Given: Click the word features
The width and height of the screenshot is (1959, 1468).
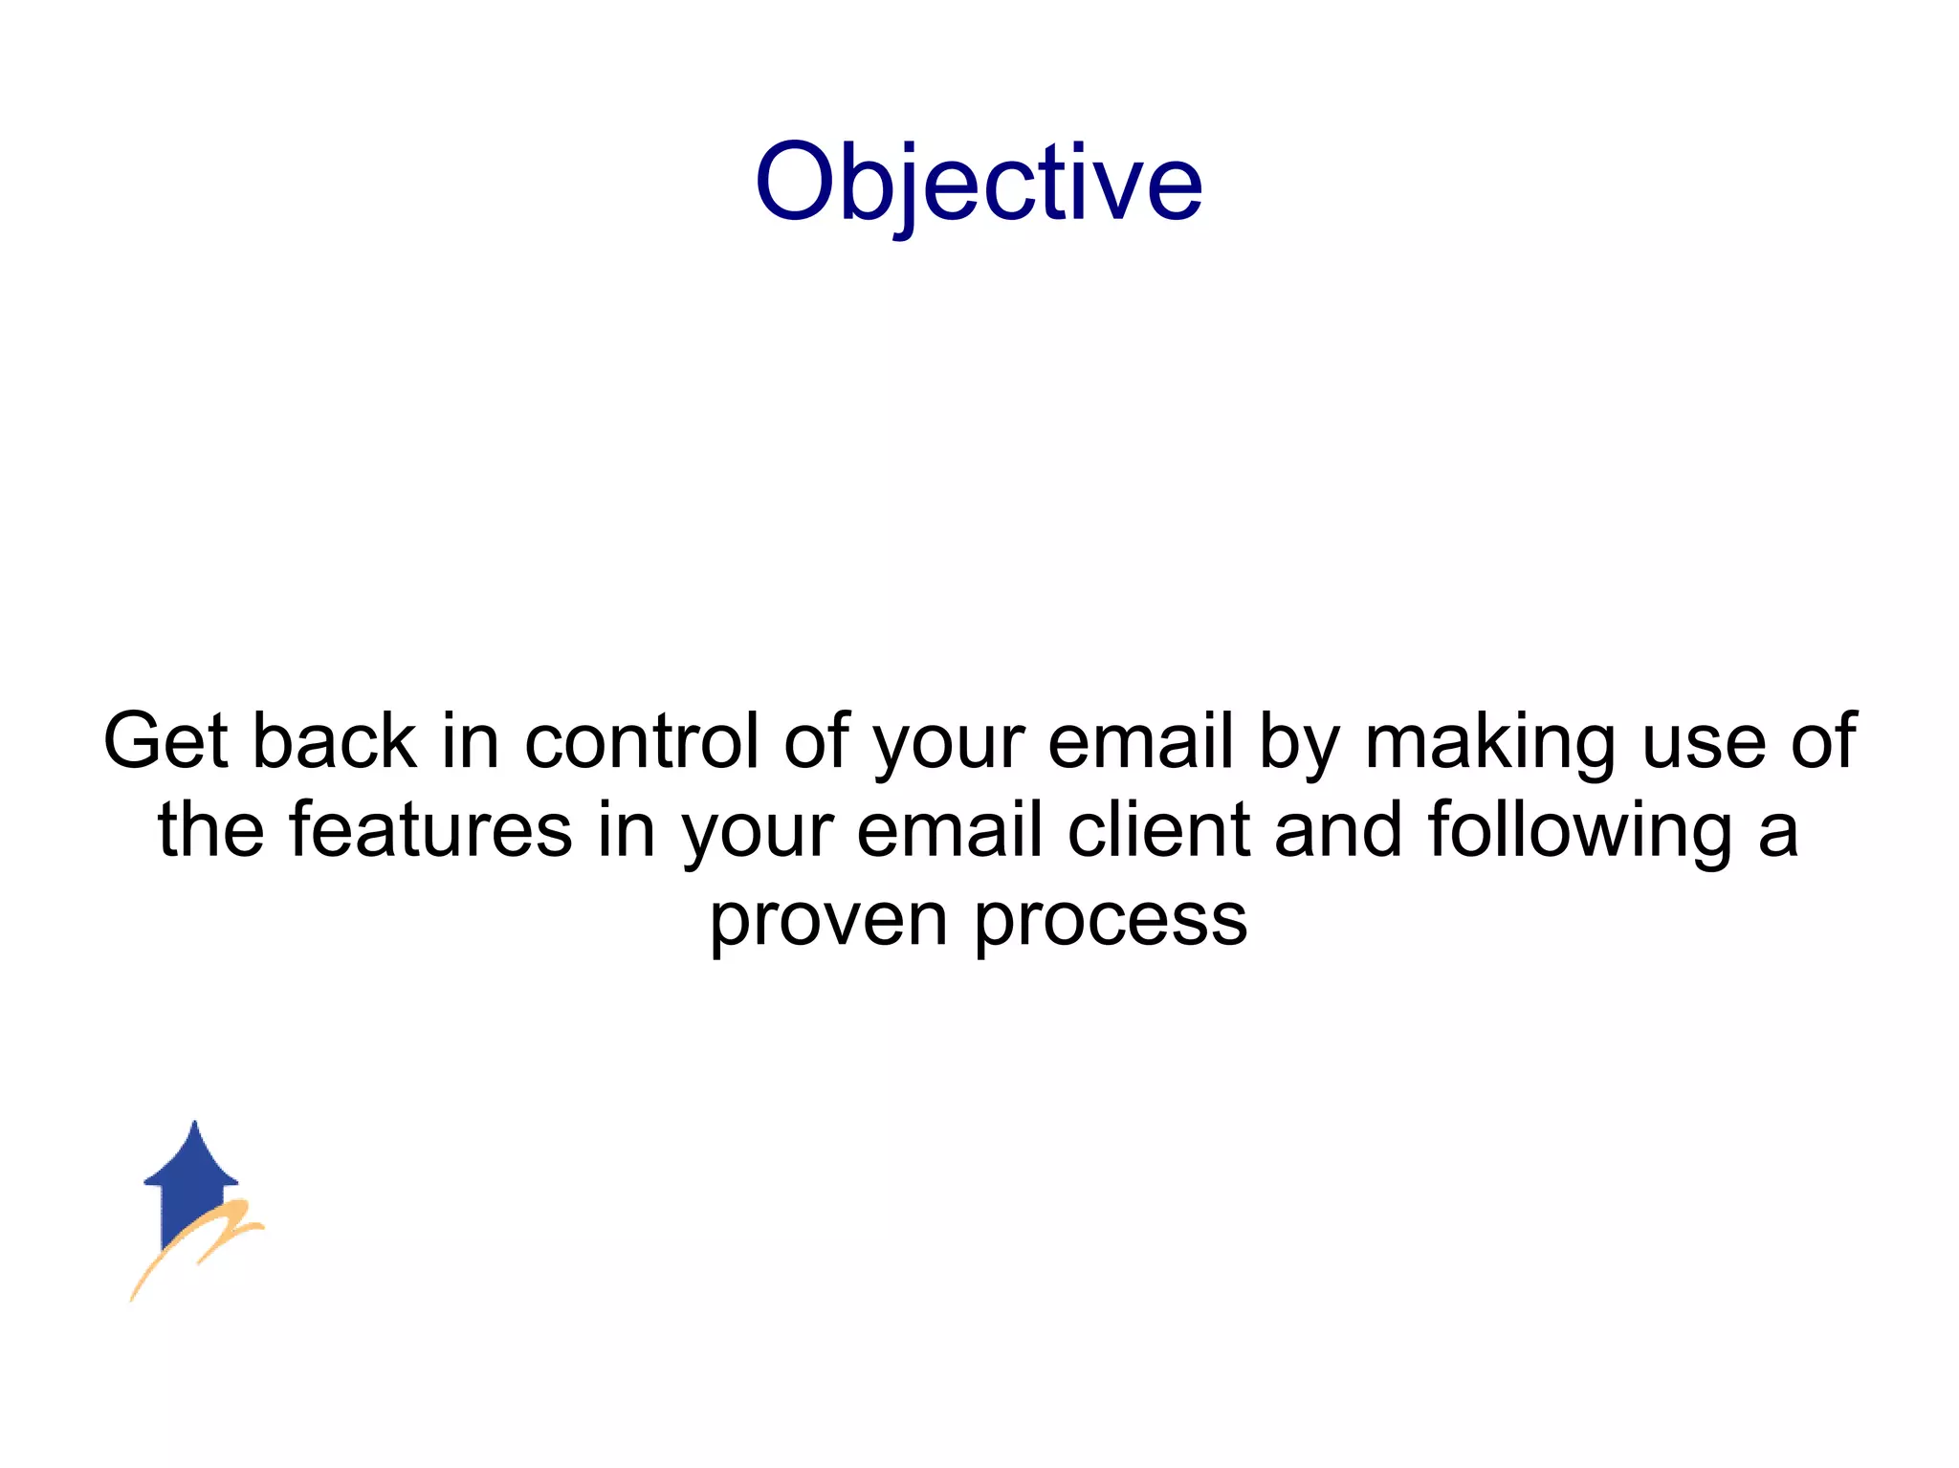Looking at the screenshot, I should click(x=430, y=830).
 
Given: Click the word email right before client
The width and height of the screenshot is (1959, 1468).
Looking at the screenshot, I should click(x=949, y=830).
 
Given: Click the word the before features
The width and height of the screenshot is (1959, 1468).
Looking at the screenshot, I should click(x=210, y=830).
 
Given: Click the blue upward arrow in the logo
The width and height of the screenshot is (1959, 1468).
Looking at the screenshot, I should click(x=193, y=1176).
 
